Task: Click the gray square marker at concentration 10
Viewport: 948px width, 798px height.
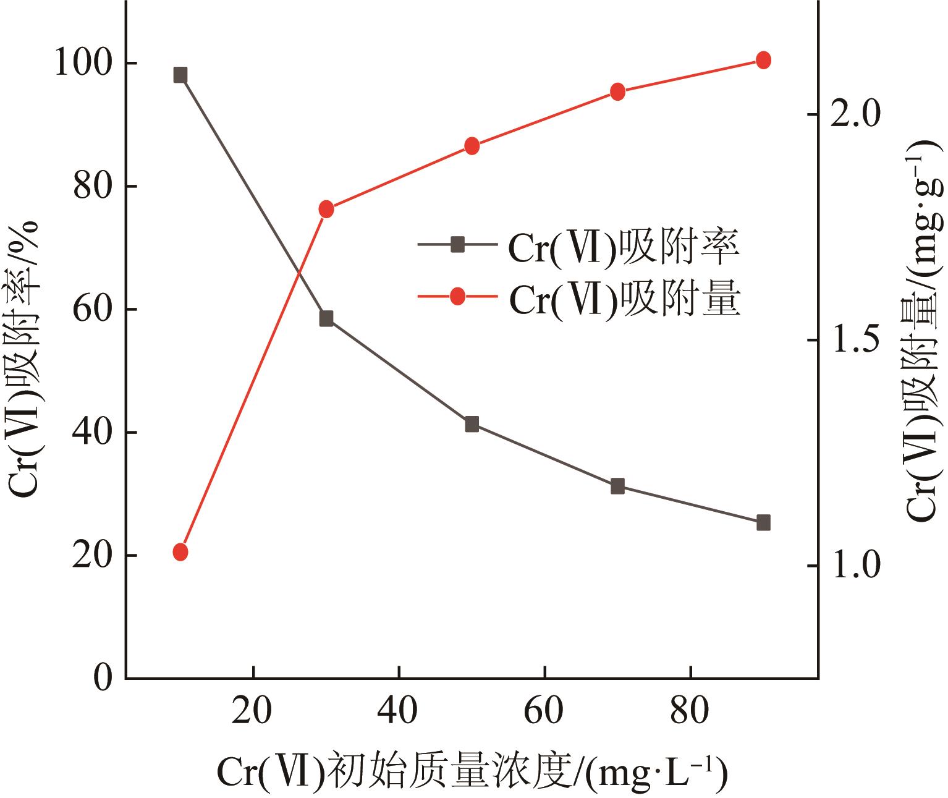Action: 180,75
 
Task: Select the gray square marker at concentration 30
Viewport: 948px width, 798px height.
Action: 326,319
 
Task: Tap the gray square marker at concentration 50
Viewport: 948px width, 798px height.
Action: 472,424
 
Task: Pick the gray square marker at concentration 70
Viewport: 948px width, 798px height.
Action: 617,486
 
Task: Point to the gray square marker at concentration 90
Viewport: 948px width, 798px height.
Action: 763,523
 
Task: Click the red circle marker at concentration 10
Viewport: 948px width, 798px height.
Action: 180,552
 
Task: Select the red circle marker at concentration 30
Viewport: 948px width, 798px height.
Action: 326,210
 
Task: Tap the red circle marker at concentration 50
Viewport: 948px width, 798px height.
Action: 472,146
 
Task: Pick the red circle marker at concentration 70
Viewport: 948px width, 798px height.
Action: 617,92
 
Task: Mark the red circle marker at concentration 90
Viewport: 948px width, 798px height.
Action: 763,60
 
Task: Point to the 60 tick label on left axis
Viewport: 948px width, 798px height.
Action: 93,310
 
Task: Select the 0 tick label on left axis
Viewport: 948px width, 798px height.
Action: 103,678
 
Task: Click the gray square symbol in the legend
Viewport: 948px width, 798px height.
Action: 457,245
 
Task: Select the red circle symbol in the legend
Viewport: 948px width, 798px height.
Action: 457,297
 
